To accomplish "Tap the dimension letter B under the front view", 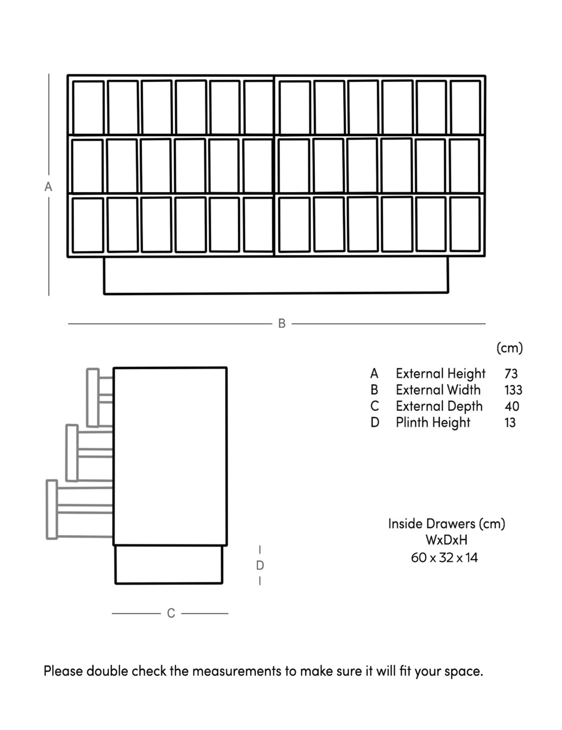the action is (x=282, y=324).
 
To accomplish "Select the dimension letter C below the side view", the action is (x=171, y=613).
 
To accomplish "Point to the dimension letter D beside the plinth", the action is (x=260, y=565).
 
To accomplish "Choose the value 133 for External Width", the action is (x=513, y=390).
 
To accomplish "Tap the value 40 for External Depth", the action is (x=512, y=406).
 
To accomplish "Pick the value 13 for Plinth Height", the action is (x=510, y=422).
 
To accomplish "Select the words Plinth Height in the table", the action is (x=433, y=422).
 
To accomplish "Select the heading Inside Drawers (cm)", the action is (x=447, y=523).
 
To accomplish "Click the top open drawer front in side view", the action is (x=93, y=398).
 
